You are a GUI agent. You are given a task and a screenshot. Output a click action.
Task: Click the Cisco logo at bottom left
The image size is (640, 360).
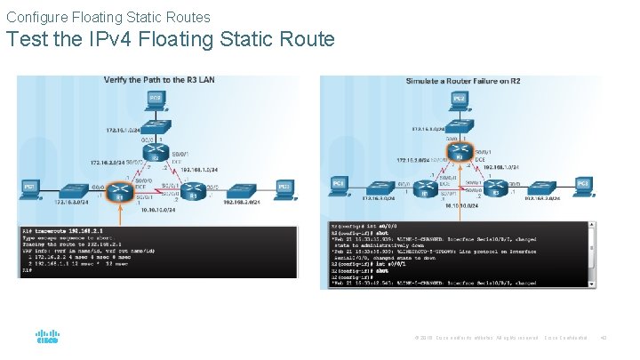tap(46, 339)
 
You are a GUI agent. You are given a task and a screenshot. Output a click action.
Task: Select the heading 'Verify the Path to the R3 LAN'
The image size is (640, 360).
tap(159, 80)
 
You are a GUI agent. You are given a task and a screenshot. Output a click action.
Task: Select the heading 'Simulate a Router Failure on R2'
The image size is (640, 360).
tap(463, 81)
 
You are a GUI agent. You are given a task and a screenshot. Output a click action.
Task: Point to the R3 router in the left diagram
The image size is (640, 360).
tap(201, 188)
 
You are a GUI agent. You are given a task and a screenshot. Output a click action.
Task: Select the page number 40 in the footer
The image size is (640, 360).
tap(603, 339)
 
